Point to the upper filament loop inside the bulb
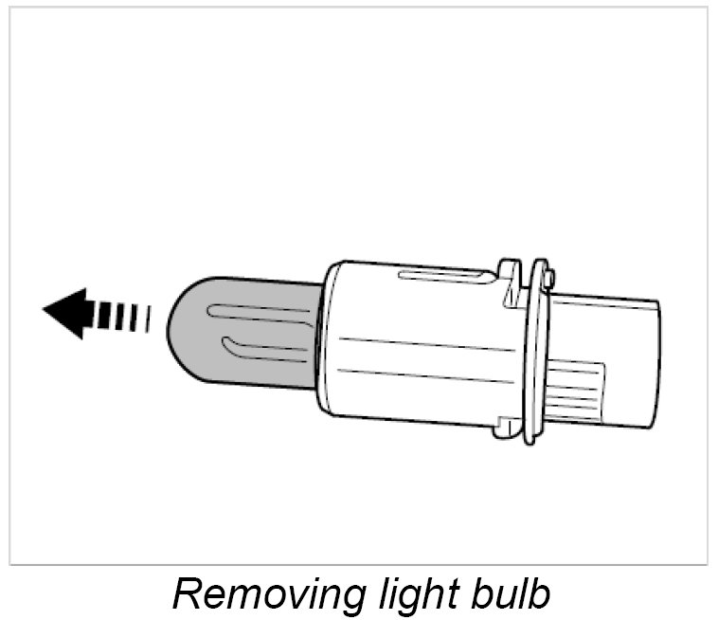coord(256,311)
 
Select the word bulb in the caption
coord(508,594)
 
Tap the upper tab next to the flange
coord(510,275)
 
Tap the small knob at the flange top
coord(549,277)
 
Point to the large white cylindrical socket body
coord(417,351)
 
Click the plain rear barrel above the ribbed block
coord(606,327)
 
